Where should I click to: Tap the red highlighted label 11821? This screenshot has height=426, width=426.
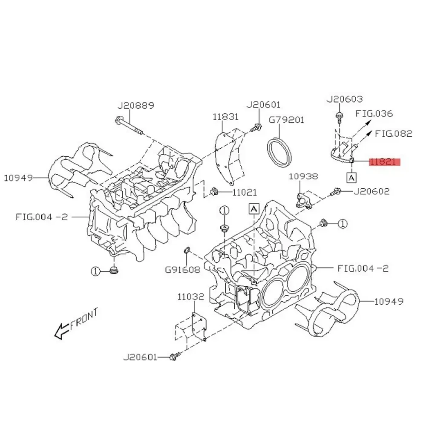[385, 162]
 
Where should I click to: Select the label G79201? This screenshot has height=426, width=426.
[286, 120]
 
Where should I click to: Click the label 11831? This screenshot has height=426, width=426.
[226, 116]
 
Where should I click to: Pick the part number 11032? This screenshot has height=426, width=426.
[191, 297]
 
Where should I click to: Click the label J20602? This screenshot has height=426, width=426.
[371, 191]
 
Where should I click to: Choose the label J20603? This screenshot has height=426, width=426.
[345, 99]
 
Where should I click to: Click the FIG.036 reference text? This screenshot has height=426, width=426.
[375, 114]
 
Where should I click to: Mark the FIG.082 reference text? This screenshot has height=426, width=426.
[394, 133]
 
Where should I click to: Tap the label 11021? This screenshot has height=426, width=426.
[245, 193]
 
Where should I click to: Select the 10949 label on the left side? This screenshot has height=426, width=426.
[19, 178]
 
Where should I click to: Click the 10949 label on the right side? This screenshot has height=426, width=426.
[389, 302]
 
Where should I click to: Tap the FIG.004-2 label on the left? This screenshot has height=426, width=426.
[42, 216]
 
